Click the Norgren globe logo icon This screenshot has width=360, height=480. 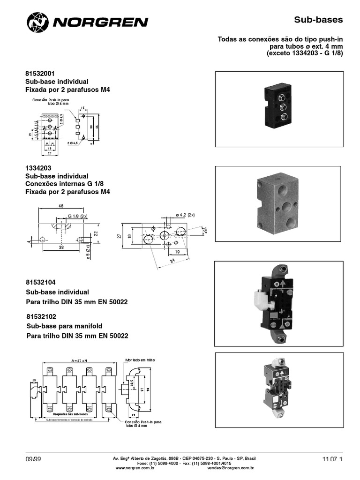(37, 22)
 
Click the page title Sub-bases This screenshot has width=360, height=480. (318, 20)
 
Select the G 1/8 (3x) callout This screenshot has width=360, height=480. (77, 216)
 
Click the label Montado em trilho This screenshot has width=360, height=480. (139, 360)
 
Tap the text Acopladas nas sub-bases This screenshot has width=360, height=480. (72, 414)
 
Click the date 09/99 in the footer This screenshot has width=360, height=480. (34, 459)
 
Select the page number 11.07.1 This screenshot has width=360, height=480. (332, 459)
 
